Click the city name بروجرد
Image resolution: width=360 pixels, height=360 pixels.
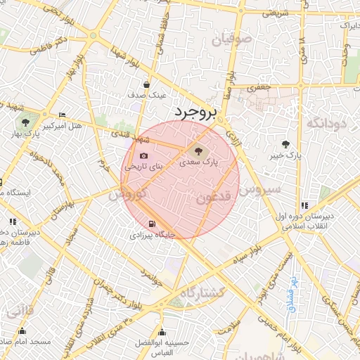(x=197, y=112)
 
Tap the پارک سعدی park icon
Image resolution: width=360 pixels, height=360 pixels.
(x=196, y=150)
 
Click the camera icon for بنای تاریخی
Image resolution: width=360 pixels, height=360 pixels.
(x=144, y=156)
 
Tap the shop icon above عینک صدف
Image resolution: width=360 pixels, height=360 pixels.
(x=147, y=84)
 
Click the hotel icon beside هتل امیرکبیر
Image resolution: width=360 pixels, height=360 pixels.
(x=63, y=115)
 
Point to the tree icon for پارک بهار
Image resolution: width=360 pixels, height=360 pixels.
(x=25, y=122)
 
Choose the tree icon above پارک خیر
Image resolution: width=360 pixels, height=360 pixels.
(x=285, y=143)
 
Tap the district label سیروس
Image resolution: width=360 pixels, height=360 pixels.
(x=259, y=189)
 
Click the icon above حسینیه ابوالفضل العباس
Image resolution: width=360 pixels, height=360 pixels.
(x=162, y=333)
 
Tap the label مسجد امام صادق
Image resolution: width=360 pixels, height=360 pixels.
(x=27, y=342)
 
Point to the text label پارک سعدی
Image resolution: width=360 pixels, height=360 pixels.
(x=196, y=162)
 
